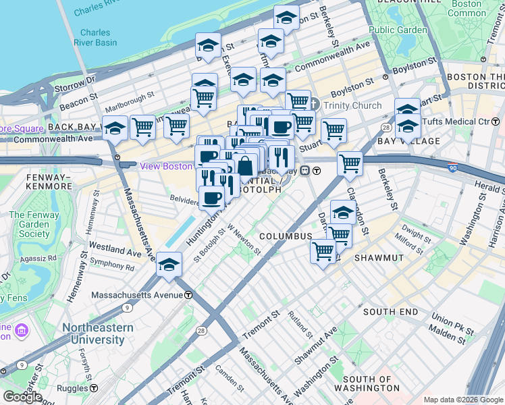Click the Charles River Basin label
tap(98, 38)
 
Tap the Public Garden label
tap(398, 30)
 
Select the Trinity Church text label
tap(352, 106)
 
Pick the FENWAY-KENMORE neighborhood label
tap(40, 180)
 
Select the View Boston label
tap(165, 166)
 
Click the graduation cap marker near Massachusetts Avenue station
tap(169, 263)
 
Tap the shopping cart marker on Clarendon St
tap(350, 163)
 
